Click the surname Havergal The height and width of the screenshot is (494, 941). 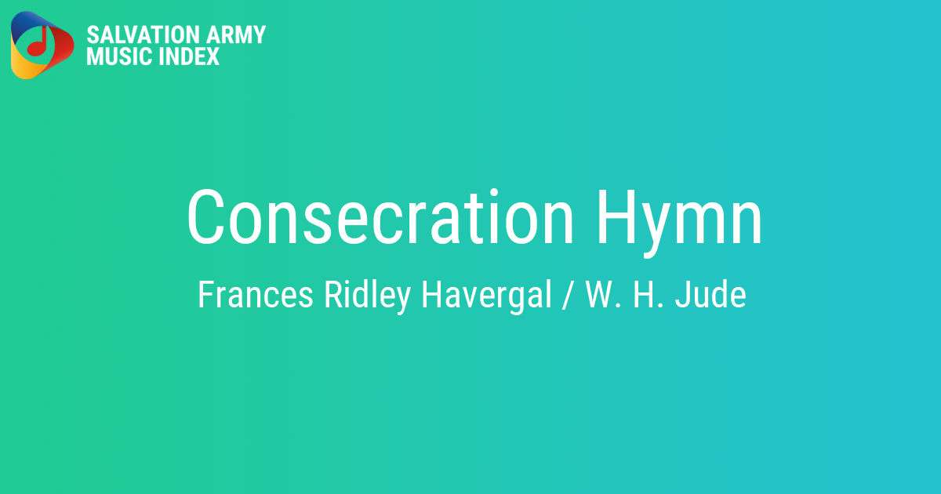(487, 295)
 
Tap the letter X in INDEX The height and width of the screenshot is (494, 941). (212, 56)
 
